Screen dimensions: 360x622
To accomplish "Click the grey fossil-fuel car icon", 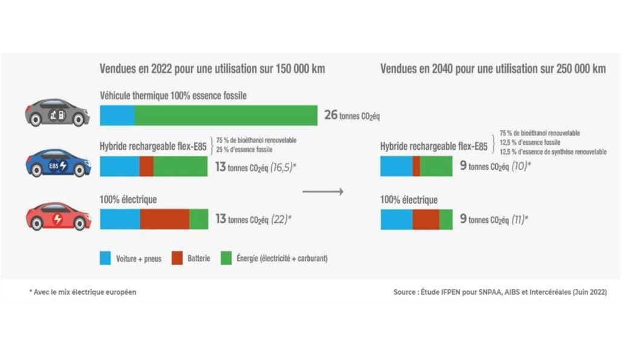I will (x=57, y=112).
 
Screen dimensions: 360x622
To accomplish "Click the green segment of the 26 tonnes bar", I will (x=226, y=115).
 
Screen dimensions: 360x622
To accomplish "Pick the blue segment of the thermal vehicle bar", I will (x=117, y=115).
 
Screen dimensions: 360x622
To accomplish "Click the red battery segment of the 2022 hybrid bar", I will (x=146, y=166).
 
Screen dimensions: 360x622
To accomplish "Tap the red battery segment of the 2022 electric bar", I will (x=164, y=219).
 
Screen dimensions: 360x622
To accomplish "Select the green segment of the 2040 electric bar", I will (x=446, y=219).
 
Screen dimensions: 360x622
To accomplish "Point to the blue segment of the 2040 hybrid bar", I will (x=396, y=166).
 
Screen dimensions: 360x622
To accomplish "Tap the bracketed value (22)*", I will (x=281, y=219).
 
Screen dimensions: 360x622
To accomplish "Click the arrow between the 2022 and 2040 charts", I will (x=322, y=192).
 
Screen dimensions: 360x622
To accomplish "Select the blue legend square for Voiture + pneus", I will (x=105, y=259).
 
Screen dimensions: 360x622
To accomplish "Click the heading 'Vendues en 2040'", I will (x=493, y=69).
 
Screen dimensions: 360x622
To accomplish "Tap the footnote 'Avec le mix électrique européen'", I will (x=83, y=292).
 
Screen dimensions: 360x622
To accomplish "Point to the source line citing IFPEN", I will (x=499, y=292).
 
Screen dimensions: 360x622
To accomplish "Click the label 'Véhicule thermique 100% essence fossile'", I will (x=173, y=95).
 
